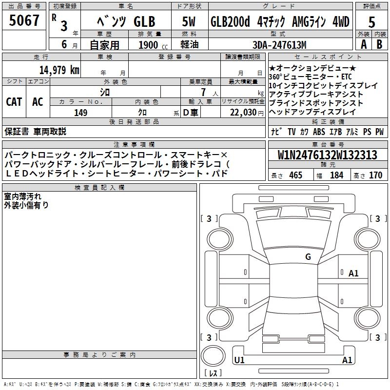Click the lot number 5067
tap(24, 20)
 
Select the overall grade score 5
tap(371, 22)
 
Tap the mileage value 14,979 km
tap(59, 70)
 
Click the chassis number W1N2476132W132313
tap(327, 155)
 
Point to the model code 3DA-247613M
tap(279, 45)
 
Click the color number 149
tap(81, 113)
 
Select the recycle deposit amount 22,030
tap(243, 113)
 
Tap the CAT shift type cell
tap(14, 102)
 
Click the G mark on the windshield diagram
tap(308, 256)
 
